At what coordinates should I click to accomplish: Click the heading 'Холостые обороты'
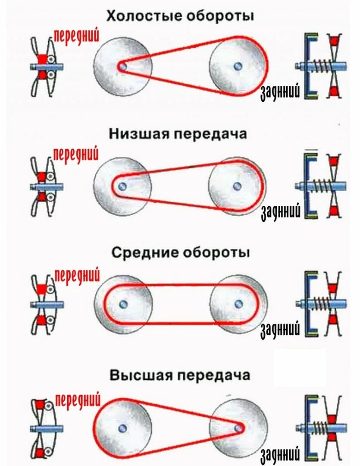pyautogui.click(x=180, y=16)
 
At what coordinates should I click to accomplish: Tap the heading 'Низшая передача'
pyautogui.click(x=178, y=134)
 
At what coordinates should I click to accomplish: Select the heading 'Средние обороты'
pyautogui.click(x=181, y=252)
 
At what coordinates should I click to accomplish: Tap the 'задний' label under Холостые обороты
pyautogui.click(x=280, y=92)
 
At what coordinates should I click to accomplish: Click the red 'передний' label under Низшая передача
pyautogui.click(x=76, y=154)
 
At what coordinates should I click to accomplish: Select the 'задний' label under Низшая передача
pyautogui.click(x=280, y=211)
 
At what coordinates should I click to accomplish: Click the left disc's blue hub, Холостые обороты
pyautogui.click(x=122, y=66)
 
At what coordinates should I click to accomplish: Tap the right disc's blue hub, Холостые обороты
pyautogui.click(x=237, y=66)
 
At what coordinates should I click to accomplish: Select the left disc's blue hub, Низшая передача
pyautogui.click(x=122, y=186)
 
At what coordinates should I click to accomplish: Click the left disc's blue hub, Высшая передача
pyautogui.click(x=123, y=428)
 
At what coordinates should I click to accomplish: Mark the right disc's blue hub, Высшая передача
pyautogui.click(x=238, y=428)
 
